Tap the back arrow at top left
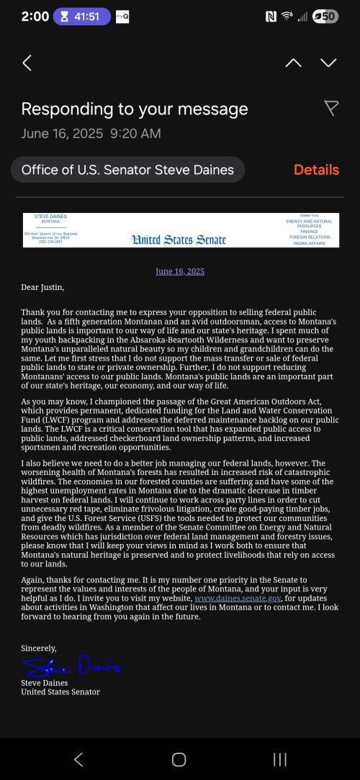pos(27,63)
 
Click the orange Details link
pos(316,170)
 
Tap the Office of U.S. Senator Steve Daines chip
pos(127,170)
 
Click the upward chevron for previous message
pos(293,63)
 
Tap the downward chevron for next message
pos(328,63)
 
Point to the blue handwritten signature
pos(70,666)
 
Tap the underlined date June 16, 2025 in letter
pos(180,271)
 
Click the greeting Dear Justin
pos(42,288)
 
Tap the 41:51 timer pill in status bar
pos(81,16)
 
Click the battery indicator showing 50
pos(325,16)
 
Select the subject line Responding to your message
pos(135,109)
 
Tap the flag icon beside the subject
pos(330,108)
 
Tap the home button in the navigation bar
pos(179,759)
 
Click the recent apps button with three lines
pos(280,759)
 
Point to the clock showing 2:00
pos(35,16)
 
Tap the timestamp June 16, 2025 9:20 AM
pos(91,133)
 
